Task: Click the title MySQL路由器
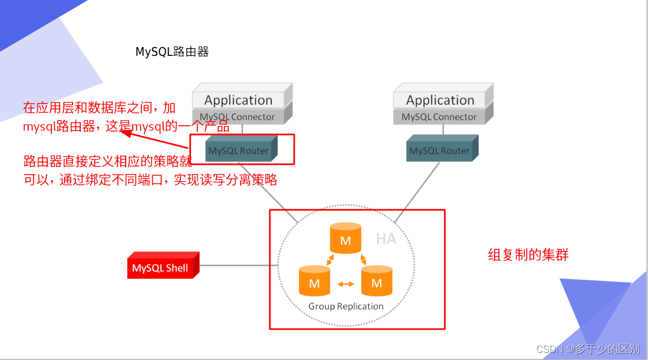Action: [x=172, y=52]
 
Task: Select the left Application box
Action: [x=238, y=100]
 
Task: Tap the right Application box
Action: [x=440, y=100]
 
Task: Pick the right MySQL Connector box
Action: [x=439, y=117]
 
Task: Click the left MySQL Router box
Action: [x=238, y=151]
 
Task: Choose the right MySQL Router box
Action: [x=439, y=151]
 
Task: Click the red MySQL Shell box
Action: [x=160, y=268]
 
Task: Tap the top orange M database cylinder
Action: [x=346, y=239]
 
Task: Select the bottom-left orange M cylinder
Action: [x=314, y=282]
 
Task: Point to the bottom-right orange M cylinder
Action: [x=377, y=282]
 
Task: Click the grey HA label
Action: [x=386, y=239]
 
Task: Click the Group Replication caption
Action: [x=346, y=306]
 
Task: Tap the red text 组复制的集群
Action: [x=528, y=255]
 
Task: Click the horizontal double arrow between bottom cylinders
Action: [x=346, y=283]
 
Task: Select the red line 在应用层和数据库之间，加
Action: [x=99, y=108]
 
